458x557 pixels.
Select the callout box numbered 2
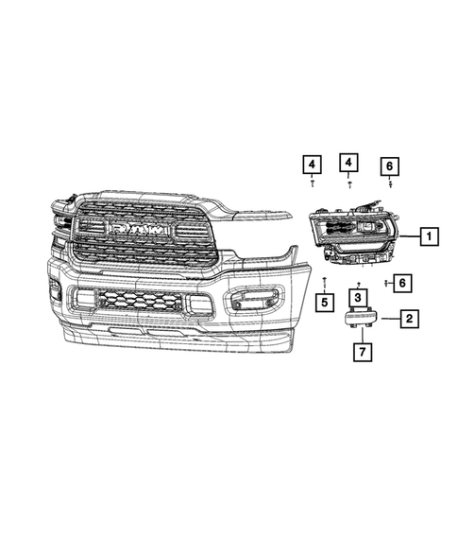(408, 319)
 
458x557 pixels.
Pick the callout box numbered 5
(323, 303)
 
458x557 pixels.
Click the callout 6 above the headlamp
(390, 167)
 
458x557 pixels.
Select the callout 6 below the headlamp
(402, 282)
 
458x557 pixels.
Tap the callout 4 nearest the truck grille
(311, 165)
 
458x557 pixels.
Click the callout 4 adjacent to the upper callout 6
(349, 164)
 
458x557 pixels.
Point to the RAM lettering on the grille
(143, 230)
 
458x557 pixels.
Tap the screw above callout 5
(324, 281)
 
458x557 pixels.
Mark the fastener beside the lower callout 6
(385, 282)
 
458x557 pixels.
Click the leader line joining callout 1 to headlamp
(407, 236)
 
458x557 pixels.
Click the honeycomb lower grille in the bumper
(140, 301)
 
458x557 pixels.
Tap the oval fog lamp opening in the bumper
(250, 302)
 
